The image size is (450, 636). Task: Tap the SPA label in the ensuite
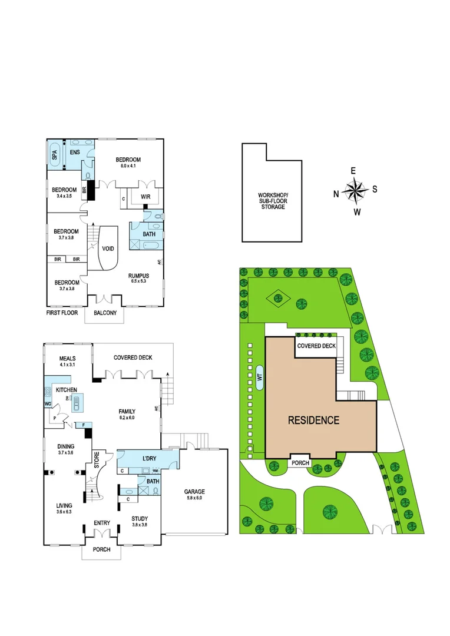click(55, 155)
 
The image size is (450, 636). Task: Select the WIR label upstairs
click(144, 198)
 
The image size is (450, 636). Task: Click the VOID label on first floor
click(108, 249)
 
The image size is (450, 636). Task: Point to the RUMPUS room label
click(140, 275)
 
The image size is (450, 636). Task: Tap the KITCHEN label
click(67, 390)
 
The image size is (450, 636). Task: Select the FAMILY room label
click(127, 411)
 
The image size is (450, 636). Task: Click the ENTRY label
click(101, 522)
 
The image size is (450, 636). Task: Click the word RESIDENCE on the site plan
click(313, 420)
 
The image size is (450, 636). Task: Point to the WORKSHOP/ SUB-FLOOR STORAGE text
click(273, 201)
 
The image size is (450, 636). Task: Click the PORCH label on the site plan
click(300, 463)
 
